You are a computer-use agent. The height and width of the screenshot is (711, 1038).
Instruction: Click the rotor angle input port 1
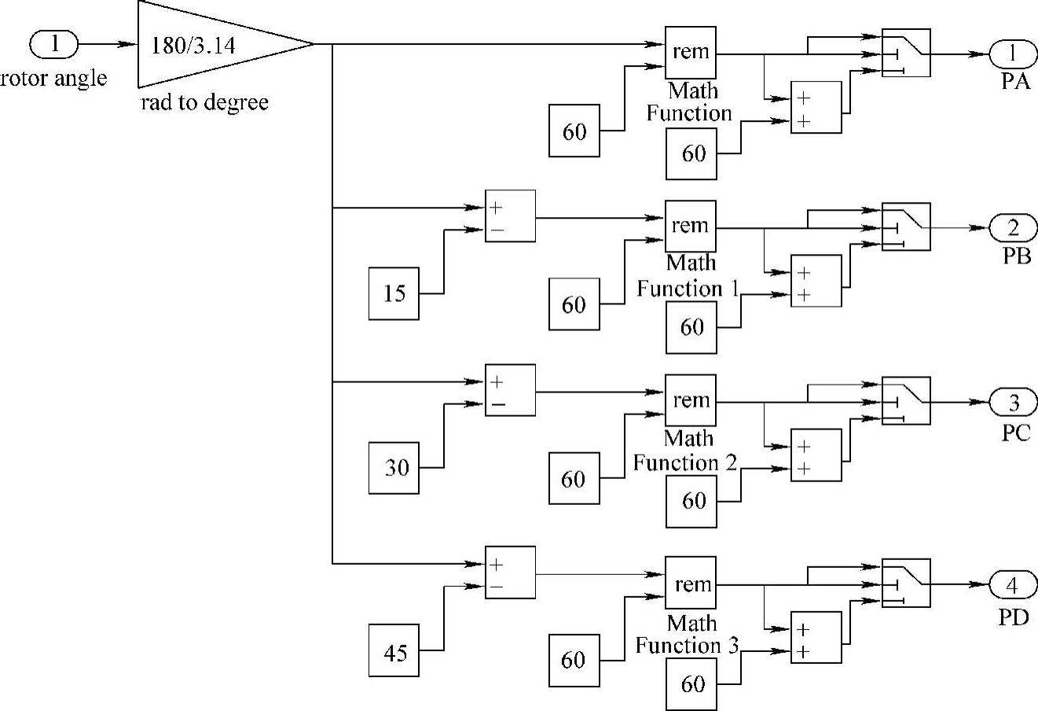pyautogui.click(x=54, y=43)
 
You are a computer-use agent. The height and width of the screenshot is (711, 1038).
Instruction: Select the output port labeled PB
pyautogui.click(x=1012, y=227)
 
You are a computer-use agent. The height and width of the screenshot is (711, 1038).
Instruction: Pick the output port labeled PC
pyautogui.click(x=1012, y=402)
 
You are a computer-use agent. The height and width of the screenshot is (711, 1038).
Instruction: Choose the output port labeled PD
pyautogui.click(x=1012, y=585)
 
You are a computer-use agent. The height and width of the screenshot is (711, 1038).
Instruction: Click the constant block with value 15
pyautogui.click(x=394, y=293)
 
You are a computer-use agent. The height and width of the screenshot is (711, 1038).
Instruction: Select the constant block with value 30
pyautogui.click(x=394, y=468)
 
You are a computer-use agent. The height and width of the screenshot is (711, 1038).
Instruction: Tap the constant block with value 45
pyautogui.click(x=394, y=651)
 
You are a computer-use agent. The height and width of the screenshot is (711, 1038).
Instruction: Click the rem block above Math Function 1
pyautogui.click(x=691, y=227)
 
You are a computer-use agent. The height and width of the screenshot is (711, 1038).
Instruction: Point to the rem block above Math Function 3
pyautogui.click(x=691, y=584)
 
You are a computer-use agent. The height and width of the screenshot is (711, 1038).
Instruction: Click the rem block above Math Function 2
pyautogui.click(x=691, y=400)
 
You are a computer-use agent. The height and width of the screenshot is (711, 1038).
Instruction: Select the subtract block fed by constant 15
pyautogui.click(x=510, y=216)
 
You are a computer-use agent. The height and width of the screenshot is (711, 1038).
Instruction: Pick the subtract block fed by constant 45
pyautogui.click(x=510, y=573)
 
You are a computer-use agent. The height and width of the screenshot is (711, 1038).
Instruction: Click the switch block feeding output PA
pyautogui.click(x=906, y=53)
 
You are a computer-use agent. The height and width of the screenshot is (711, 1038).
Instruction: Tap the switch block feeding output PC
pyautogui.click(x=906, y=401)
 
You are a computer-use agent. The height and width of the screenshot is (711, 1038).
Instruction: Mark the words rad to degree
pyautogui.click(x=204, y=103)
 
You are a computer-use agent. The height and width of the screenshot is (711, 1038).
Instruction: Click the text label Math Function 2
pyautogui.click(x=685, y=450)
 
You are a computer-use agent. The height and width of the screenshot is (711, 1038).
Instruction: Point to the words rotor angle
pyautogui.click(x=53, y=78)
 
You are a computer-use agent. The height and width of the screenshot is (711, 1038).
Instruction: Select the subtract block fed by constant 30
pyautogui.click(x=510, y=390)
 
